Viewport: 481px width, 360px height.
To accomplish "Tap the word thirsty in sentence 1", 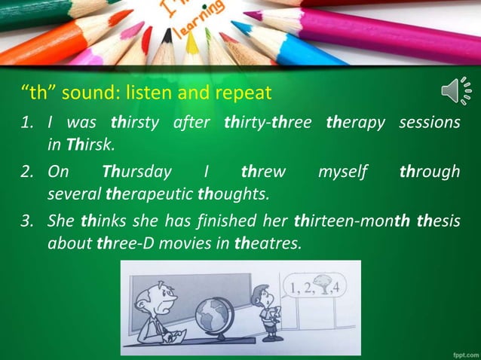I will (x=136, y=121).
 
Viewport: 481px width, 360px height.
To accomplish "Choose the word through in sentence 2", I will (x=429, y=171).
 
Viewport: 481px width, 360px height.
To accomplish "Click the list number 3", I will (x=27, y=221).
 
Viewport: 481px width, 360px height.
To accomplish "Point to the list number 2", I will (x=27, y=171).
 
